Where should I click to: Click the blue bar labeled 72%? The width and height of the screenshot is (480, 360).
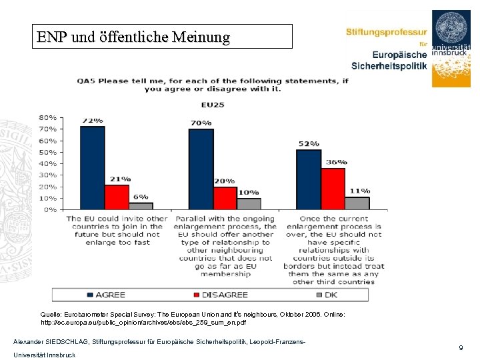click(x=92, y=167)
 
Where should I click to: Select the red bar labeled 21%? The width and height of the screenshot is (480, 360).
click(x=117, y=197)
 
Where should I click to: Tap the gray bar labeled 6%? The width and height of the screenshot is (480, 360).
click(x=141, y=205)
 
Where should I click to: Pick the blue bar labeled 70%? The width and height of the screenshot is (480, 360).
click(x=201, y=169)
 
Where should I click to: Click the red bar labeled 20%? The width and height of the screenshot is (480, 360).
click(x=225, y=197)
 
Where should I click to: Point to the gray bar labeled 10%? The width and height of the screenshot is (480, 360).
click(x=249, y=203)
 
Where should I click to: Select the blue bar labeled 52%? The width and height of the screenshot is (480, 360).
click(x=309, y=179)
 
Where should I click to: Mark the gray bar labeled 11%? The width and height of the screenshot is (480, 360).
click(x=357, y=203)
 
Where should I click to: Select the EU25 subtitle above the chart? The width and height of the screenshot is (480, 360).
click(x=213, y=103)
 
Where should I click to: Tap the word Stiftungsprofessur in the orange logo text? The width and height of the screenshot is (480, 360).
click(x=386, y=31)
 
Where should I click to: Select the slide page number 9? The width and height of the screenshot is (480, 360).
click(x=460, y=348)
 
